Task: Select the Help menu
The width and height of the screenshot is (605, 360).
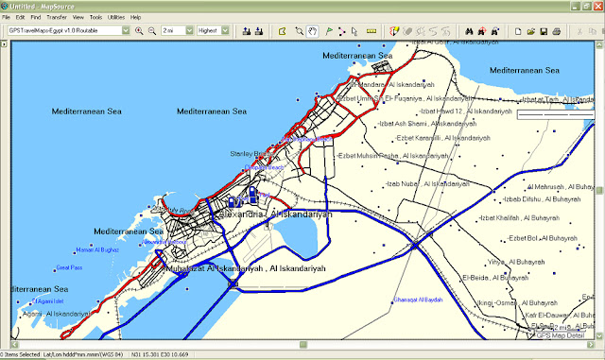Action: coord(136,17)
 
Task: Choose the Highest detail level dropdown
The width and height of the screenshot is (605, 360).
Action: coord(213,31)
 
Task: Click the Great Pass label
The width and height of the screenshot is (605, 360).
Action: coord(68,266)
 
